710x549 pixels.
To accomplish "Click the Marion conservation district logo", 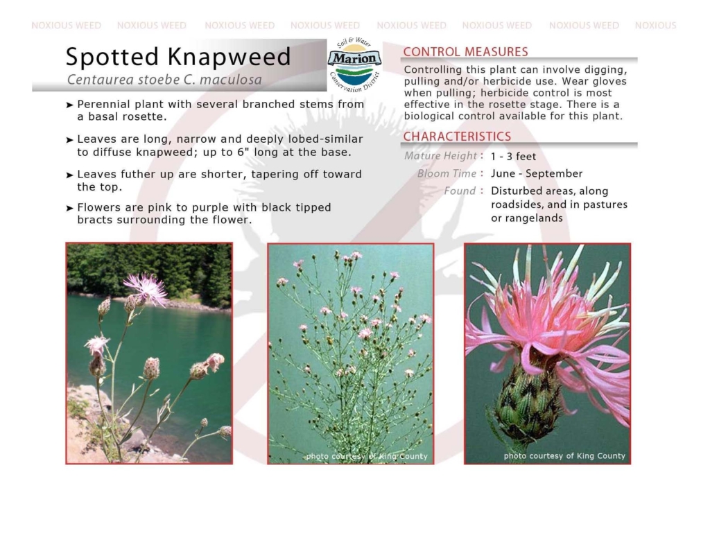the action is pos(354,64).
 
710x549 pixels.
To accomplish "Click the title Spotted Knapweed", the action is pos(178,57).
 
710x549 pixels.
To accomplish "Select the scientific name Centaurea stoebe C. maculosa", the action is pos(164,80).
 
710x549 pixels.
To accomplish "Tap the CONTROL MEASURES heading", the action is pos(465,51).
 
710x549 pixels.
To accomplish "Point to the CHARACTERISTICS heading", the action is pos(457,137).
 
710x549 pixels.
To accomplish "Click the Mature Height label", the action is pos(440,156).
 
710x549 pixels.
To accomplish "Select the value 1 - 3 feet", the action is pos(513,157).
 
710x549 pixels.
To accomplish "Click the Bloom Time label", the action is pos(447,174).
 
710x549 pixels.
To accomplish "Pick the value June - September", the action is pos(537,174).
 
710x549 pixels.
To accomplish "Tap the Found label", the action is pos(460,191).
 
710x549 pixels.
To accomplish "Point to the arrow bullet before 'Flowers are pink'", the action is pos(69,208).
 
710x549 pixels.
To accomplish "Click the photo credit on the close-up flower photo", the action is pos(564,455).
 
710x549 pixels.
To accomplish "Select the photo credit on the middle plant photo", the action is pos(367,456).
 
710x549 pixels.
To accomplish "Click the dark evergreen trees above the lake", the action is pos(150,269).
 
